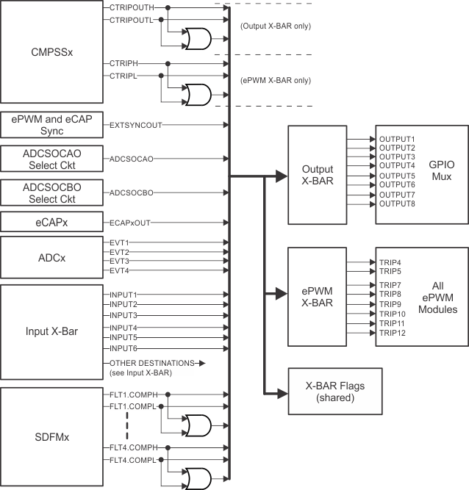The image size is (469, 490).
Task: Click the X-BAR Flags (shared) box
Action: pos(334,391)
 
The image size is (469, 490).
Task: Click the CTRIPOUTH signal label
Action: pos(132,7)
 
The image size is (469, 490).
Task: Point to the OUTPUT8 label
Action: pos(397,203)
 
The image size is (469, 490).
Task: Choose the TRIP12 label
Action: pos(392,333)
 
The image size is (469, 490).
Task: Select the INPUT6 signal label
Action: pos(123,347)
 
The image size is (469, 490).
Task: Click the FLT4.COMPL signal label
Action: pos(133,460)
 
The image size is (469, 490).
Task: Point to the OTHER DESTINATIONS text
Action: pos(151,363)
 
